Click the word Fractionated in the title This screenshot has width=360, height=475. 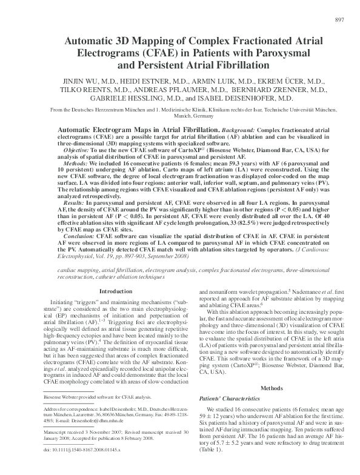pyautogui.click(x=248, y=40)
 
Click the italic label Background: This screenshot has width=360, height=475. pyautogui.click(x=239, y=130)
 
